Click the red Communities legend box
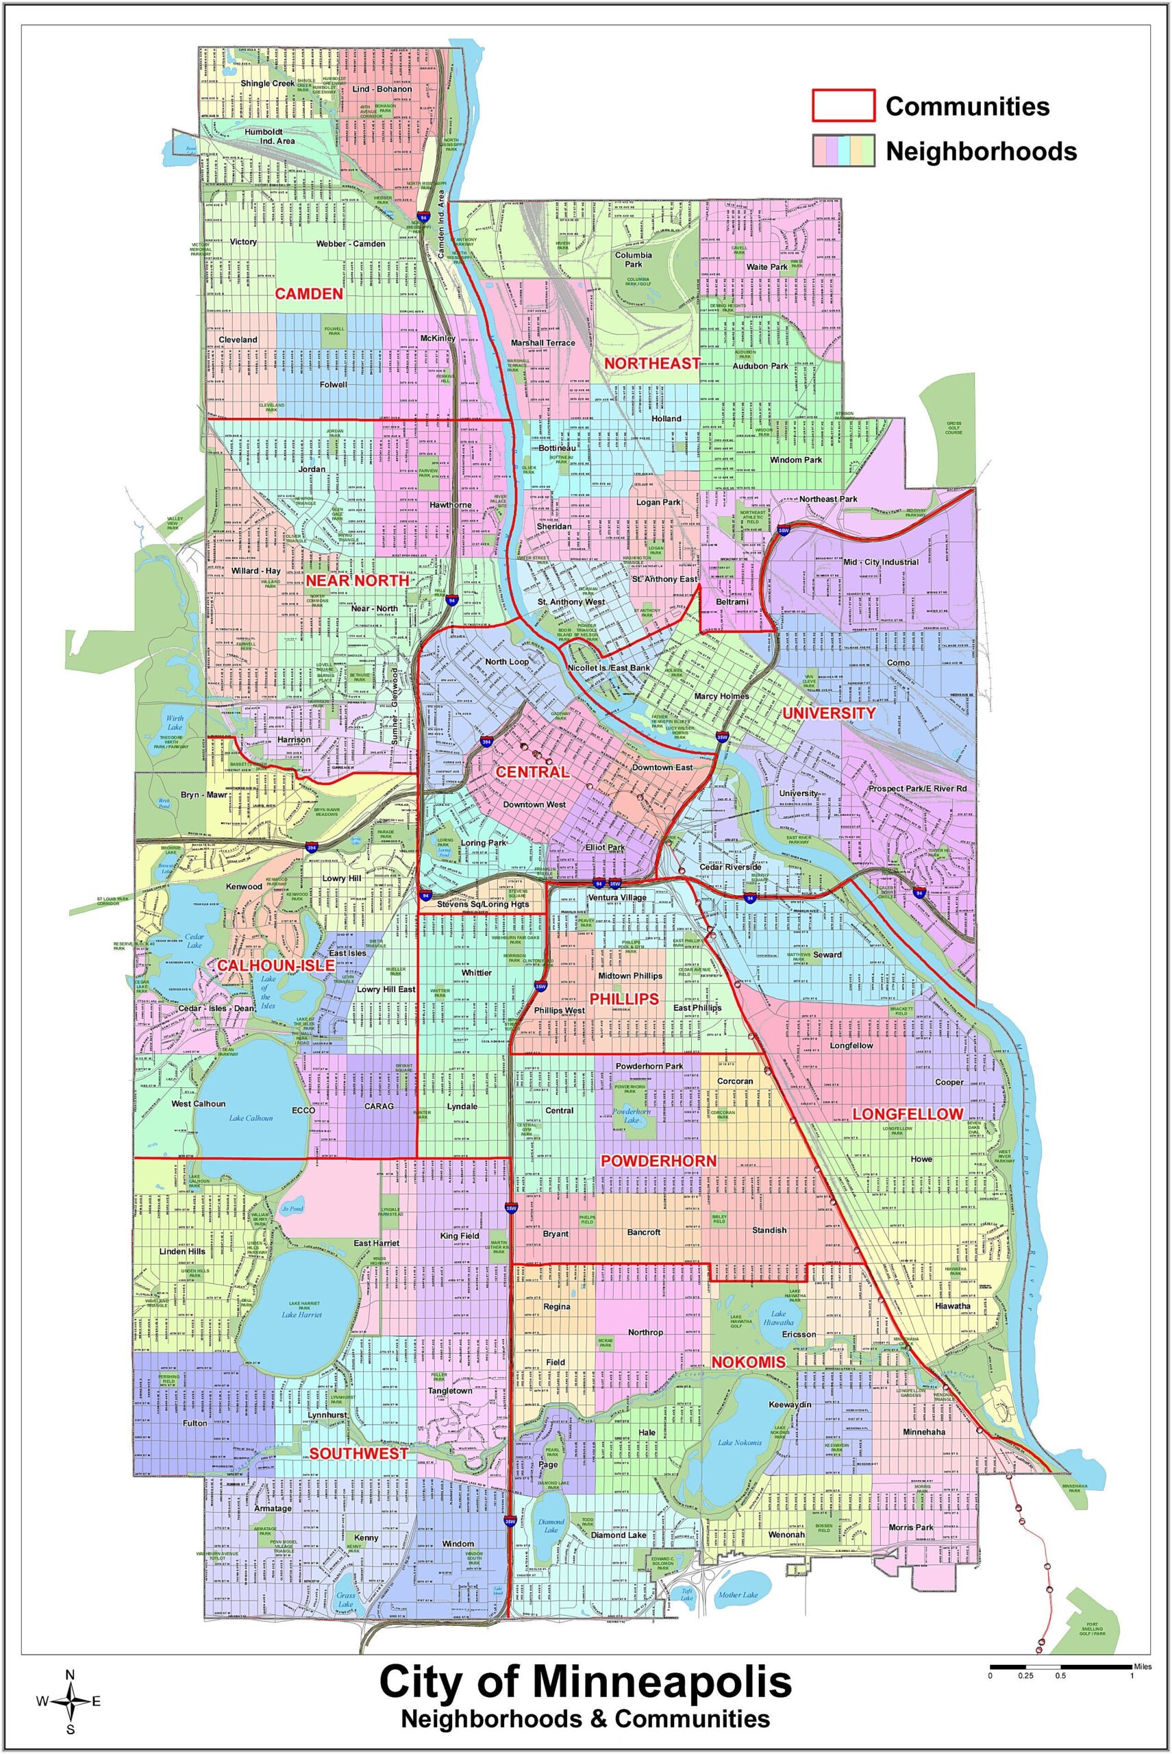843,106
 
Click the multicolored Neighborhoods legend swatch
843,150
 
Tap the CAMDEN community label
309,294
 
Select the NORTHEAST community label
652,363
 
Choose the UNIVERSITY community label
828,713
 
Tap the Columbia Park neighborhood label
634,260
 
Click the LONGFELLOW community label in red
908,1114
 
